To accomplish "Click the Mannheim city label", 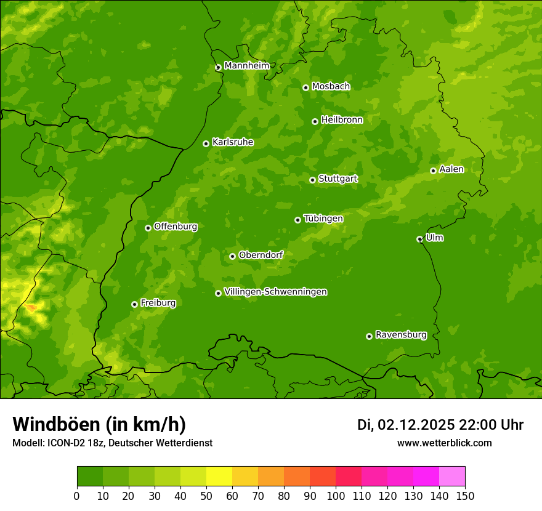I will (246, 66).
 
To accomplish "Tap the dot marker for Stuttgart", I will (312, 180).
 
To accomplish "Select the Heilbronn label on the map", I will (342, 120).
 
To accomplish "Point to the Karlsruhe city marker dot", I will (206, 143).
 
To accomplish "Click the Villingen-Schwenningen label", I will (275, 292).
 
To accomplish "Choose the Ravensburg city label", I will (400, 335).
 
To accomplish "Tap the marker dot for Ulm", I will (419, 239).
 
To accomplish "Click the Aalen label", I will (451, 169).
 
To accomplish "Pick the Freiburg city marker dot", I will (134, 304).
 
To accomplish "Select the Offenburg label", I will (176, 227).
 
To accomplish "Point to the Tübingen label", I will (323, 219).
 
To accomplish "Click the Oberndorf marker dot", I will (232, 256).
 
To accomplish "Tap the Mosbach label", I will (331, 87).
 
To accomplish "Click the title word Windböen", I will (56, 424).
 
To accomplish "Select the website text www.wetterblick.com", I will (444, 443).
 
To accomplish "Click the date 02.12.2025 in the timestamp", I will (416, 425).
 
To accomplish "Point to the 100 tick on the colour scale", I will (336, 496).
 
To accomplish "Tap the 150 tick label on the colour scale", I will (465, 496).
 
